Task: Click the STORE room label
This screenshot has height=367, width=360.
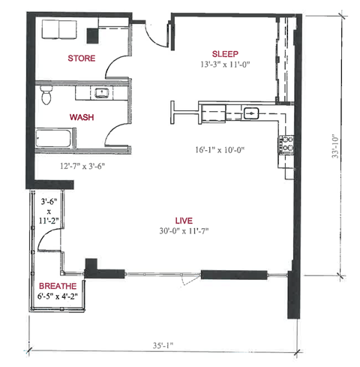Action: [x=81, y=58]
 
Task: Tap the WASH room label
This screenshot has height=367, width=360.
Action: [x=81, y=117]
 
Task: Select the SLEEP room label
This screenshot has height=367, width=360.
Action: [x=225, y=53]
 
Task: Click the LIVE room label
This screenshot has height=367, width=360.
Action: [x=184, y=220]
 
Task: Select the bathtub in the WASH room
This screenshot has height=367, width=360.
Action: [x=55, y=140]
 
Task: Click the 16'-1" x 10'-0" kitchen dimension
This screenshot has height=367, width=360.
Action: [x=220, y=149]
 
